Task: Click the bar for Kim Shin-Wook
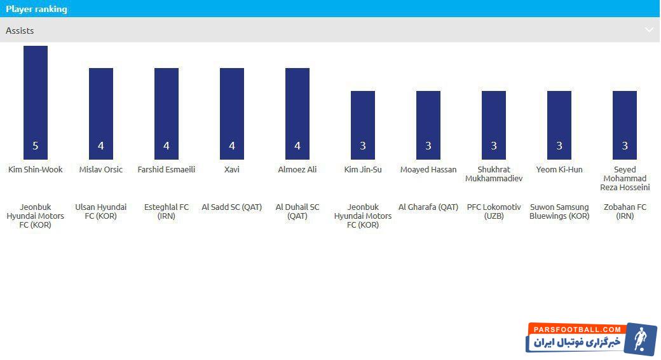pos(36,102)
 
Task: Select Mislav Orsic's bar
pos(101,114)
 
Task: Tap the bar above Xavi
pos(232,114)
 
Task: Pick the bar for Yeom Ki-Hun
pos(559,125)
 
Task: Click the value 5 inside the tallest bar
pos(36,146)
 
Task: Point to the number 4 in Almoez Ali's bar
pos(297,146)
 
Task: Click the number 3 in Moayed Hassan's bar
pos(428,146)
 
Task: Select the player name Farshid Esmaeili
pos(167,170)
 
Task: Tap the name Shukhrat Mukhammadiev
pos(494,174)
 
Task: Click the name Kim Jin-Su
pos(363,170)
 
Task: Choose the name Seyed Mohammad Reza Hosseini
pos(625,179)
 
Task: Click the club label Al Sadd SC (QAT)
pos(232,207)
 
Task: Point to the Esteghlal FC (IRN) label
pos(167,211)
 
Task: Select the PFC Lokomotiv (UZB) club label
pos(494,211)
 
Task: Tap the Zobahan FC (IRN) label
pos(625,211)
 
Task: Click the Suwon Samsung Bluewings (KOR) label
pos(559,211)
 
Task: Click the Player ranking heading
pos(36,9)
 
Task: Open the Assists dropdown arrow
pos(649,30)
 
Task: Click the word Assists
pos(20,31)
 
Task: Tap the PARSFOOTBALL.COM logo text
pos(577,329)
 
